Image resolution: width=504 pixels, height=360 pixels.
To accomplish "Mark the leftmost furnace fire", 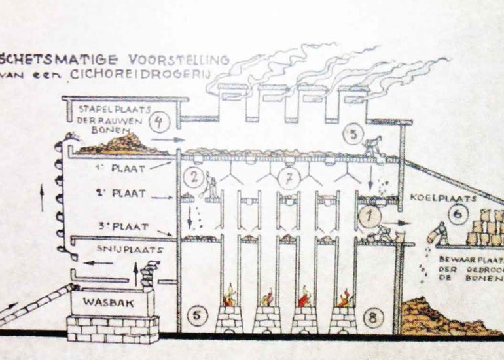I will (x=230, y=295).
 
